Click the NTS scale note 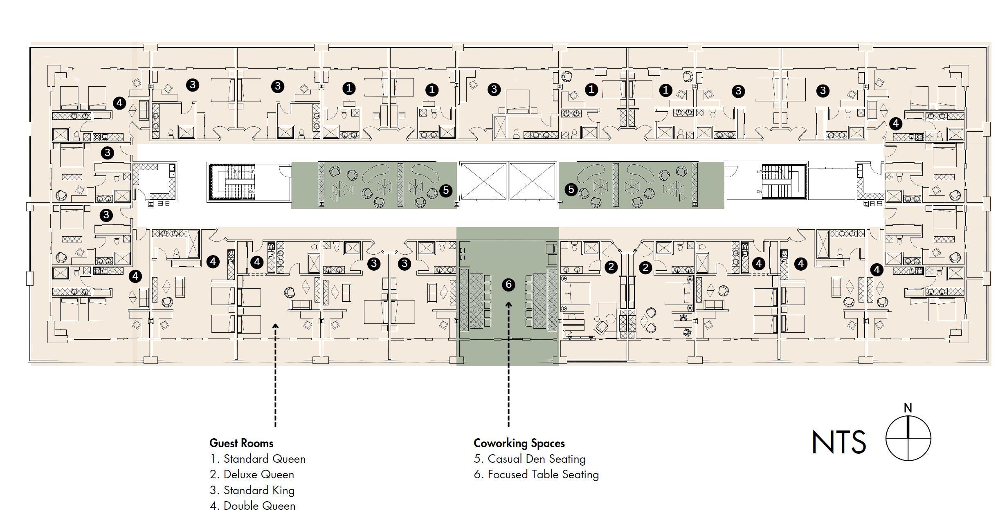838,442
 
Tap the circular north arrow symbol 908,438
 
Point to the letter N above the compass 908,408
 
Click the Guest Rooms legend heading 241,443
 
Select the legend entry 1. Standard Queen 258,459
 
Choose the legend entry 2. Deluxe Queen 252,475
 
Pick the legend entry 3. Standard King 252,490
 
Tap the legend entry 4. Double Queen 252,506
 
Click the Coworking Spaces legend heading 519,443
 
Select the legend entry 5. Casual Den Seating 530,459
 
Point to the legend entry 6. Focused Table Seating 536,475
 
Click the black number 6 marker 508,285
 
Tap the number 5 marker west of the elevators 446,190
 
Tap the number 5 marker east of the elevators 571,189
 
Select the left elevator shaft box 483,181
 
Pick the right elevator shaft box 532,181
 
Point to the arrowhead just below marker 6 509,305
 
